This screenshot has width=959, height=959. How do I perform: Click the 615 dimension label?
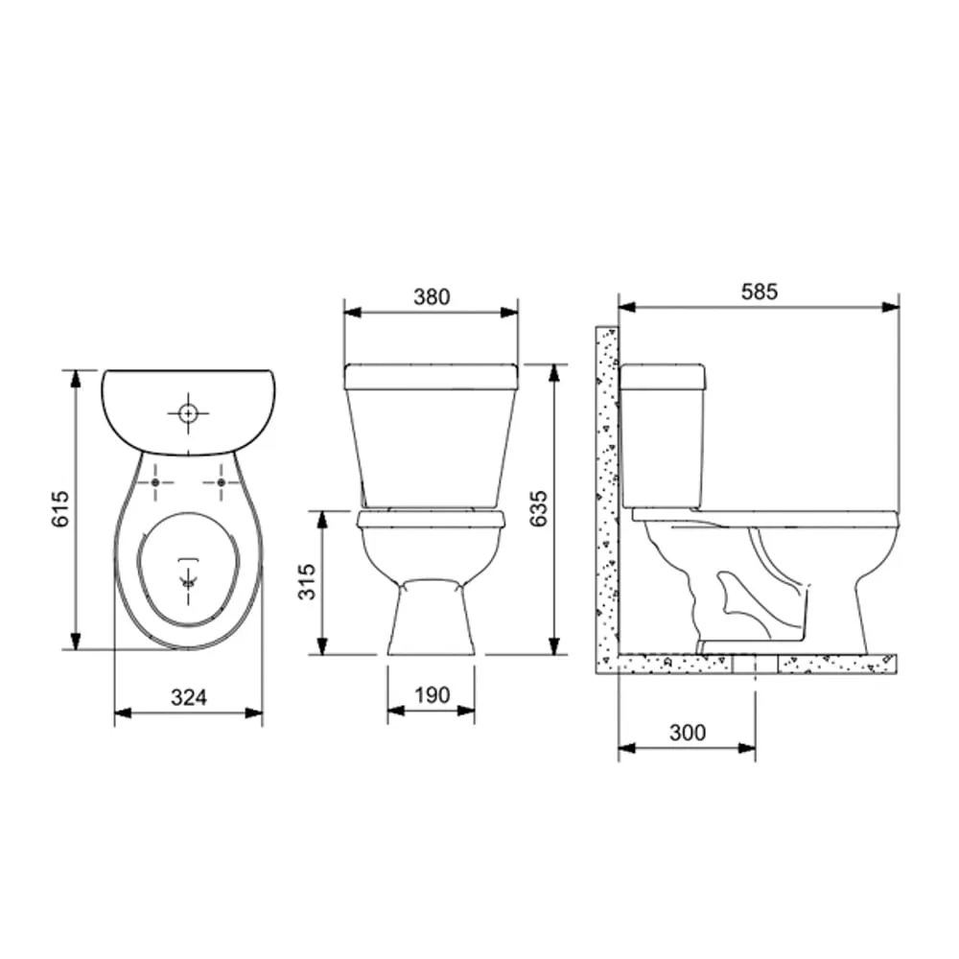point(61,508)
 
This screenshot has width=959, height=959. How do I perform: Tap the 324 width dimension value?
point(189,697)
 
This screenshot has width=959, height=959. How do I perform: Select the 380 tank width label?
point(432,296)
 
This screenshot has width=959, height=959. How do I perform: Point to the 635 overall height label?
point(538,508)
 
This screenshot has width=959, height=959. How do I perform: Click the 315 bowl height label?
point(307,582)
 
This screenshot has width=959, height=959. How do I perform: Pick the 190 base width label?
point(433,694)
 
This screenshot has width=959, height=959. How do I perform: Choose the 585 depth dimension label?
point(759,292)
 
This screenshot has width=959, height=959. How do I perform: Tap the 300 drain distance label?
point(688,732)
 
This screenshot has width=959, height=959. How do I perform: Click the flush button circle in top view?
point(188,414)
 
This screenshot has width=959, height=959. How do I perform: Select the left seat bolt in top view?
point(155,482)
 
